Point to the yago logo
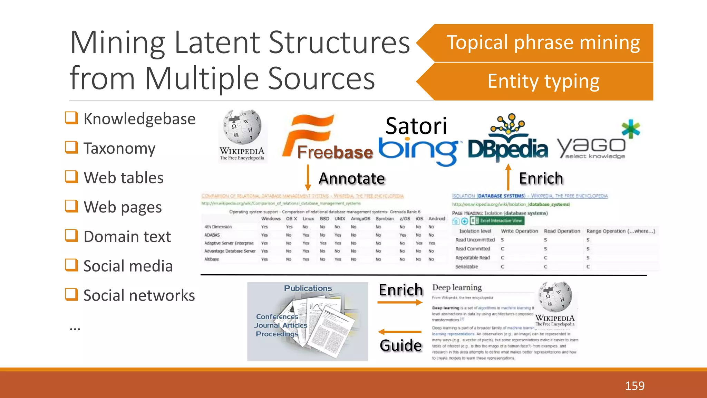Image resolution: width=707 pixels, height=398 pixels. click(x=597, y=142)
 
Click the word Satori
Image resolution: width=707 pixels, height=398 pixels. click(x=416, y=126)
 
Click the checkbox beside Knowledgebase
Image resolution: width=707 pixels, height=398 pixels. click(x=71, y=118)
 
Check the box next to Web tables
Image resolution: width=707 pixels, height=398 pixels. click(x=71, y=177)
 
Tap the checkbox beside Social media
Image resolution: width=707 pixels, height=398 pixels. click(x=71, y=265)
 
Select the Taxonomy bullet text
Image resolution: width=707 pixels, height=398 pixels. click(x=119, y=148)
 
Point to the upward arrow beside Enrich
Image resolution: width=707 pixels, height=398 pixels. click(x=508, y=177)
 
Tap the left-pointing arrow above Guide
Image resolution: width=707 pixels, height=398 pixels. click(x=400, y=332)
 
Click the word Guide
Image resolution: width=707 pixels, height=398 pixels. click(x=401, y=345)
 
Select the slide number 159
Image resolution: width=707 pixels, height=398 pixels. click(x=635, y=386)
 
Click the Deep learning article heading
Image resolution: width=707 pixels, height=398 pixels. click(x=457, y=287)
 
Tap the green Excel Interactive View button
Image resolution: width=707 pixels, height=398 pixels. click(x=501, y=221)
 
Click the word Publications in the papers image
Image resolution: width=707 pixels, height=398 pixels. click(x=308, y=288)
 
